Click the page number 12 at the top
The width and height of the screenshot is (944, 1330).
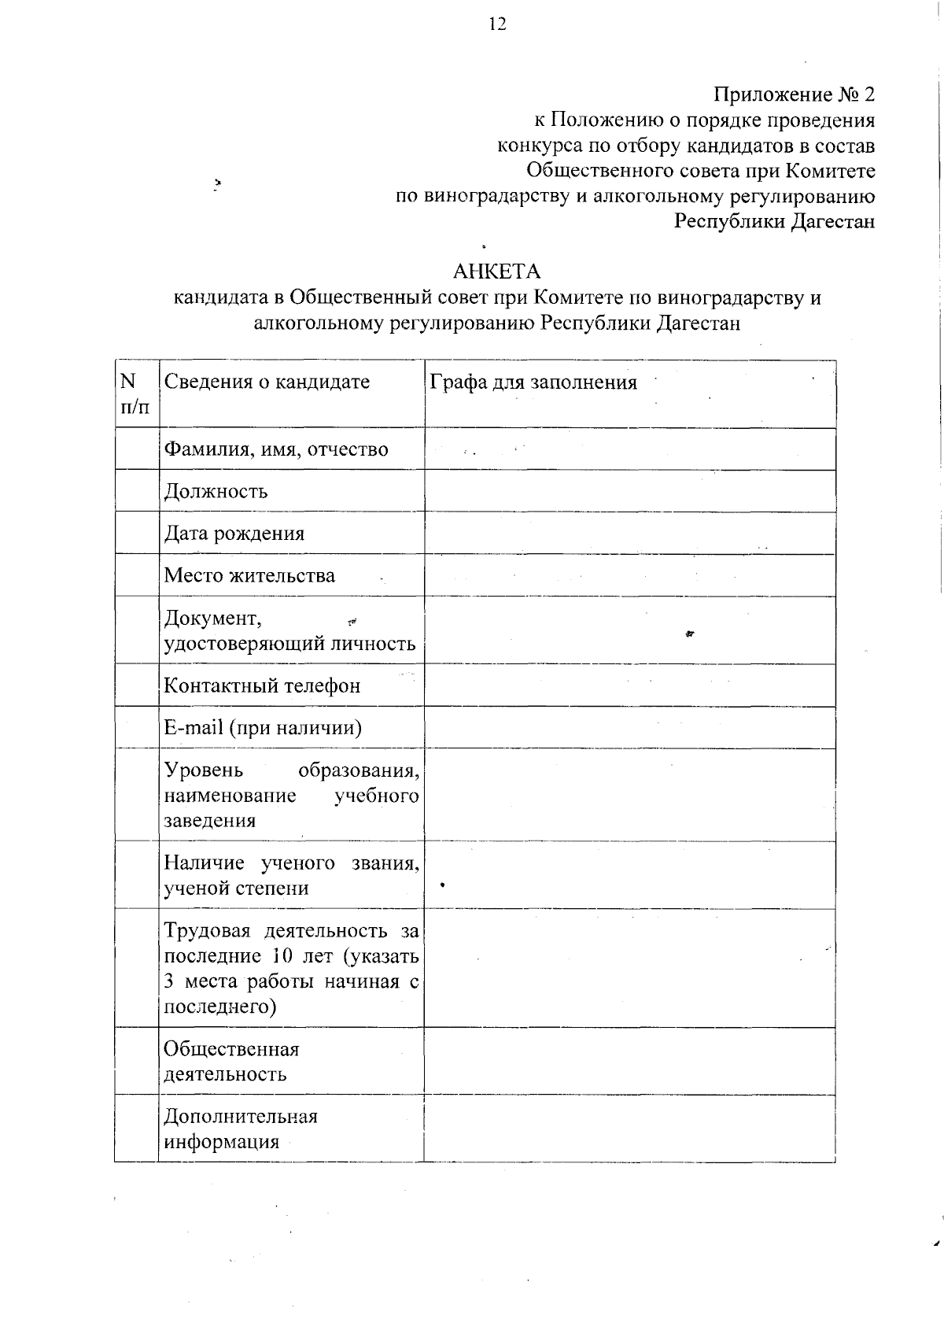[497, 24]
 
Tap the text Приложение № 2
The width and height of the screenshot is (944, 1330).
[794, 95]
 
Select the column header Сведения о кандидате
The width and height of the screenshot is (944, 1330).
[266, 382]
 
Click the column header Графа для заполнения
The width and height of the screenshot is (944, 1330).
[533, 382]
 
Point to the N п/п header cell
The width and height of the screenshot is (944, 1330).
[134, 393]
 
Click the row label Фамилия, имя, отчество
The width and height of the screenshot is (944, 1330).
[275, 449]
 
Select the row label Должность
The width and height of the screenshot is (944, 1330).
[216, 491]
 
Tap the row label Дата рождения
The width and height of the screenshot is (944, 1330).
[234, 534]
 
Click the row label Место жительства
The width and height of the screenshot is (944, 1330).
[249, 575]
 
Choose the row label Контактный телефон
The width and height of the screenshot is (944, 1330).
[262, 685]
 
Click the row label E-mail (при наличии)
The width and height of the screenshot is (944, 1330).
[262, 727]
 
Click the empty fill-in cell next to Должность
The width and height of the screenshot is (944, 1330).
[629, 491]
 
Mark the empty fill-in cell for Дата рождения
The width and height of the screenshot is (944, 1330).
[629, 533]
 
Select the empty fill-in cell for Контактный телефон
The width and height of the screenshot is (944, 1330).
[629, 685]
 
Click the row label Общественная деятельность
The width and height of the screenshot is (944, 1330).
[231, 1061]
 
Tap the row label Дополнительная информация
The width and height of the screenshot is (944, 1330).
[240, 1129]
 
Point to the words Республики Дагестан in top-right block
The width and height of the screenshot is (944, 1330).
[774, 221]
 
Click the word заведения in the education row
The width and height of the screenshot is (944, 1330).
[209, 821]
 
